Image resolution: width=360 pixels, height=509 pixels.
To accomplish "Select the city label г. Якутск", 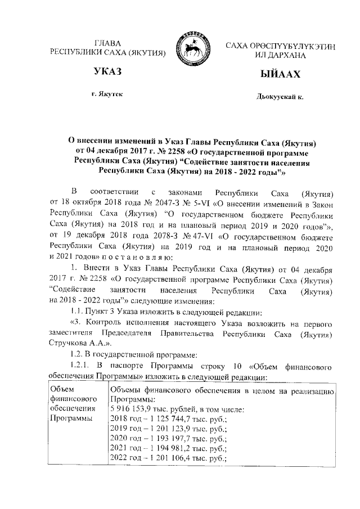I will (107, 95).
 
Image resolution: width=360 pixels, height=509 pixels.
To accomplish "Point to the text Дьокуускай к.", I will (280, 97).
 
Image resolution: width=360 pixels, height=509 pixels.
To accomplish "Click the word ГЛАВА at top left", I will (107, 43).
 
